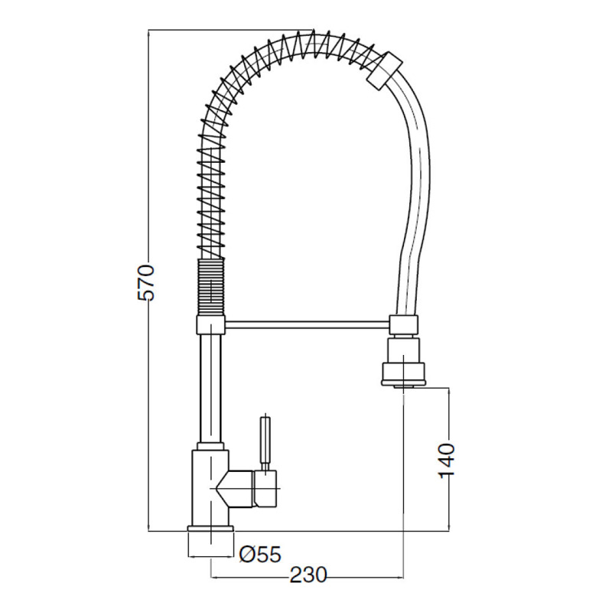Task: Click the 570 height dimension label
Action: coord(146,282)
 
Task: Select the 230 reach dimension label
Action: coord(308,575)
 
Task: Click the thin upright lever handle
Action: coord(265,444)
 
